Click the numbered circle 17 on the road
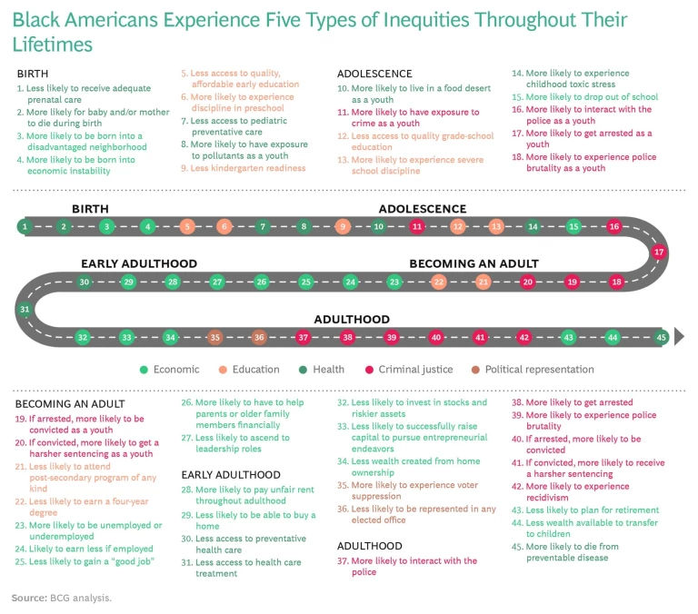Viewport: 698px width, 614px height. (x=659, y=252)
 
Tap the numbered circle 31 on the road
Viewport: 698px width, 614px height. (x=25, y=310)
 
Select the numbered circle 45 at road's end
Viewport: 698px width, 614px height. (x=662, y=338)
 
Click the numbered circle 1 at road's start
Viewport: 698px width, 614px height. (x=25, y=226)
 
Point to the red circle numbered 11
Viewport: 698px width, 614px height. (x=417, y=226)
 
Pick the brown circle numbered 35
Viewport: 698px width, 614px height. (x=215, y=338)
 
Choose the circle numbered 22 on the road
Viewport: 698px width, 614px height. (x=439, y=282)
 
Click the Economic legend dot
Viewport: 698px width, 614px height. (x=144, y=370)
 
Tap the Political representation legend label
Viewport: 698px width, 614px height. (x=539, y=370)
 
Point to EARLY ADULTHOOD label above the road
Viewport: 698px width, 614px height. (x=139, y=263)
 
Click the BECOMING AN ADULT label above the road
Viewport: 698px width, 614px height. (x=474, y=263)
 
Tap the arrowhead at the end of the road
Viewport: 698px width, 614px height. (x=678, y=338)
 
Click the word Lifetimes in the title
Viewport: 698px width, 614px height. (x=52, y=45)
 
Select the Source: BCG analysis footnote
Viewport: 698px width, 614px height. (x=61, y=598)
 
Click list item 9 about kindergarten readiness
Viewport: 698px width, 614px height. (x=243, y=168)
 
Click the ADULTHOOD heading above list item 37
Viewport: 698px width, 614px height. (x=369, y=546)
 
